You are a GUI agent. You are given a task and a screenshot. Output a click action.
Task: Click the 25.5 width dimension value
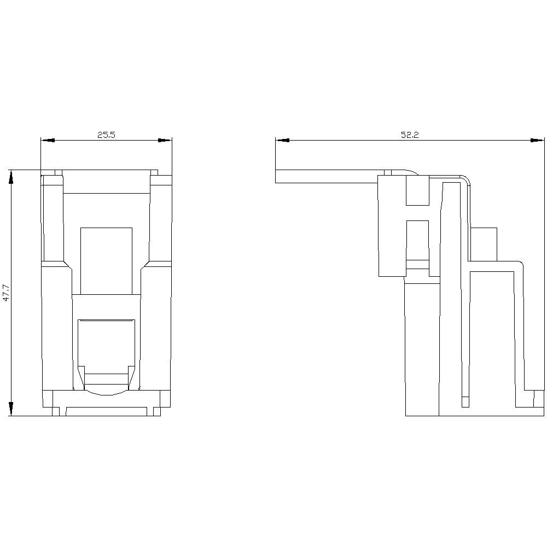106,135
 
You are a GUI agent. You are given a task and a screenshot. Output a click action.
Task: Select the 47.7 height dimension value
6,293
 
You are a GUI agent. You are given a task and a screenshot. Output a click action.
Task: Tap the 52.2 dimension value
410,135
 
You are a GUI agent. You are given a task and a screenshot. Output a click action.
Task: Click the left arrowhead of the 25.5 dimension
48,140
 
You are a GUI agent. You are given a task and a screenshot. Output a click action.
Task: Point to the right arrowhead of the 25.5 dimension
165,140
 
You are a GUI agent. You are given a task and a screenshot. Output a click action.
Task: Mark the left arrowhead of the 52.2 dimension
283,140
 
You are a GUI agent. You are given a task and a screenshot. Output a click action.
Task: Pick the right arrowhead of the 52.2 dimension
537,140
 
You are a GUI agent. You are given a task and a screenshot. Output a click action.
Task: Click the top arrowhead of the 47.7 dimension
11,177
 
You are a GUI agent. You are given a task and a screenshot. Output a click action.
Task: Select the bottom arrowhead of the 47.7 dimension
11,409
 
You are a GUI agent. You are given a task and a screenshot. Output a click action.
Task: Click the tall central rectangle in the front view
107,261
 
